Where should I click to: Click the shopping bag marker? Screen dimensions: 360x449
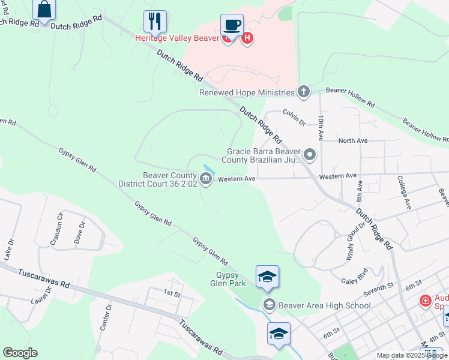point(44,10)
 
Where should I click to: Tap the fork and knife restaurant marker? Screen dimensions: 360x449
point(155,22)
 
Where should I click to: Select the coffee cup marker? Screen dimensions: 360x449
point(232,26)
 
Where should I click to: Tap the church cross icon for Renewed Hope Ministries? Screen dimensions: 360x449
point(304,92)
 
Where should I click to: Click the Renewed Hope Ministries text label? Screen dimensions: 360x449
point(247,92)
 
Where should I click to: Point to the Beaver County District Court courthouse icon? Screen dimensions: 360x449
point(206,179)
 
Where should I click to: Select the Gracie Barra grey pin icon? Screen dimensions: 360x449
point(310,155)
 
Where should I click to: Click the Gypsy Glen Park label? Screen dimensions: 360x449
point(232,279)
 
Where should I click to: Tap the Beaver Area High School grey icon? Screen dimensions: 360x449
point(269,305)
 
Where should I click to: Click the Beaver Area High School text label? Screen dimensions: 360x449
point(324,305)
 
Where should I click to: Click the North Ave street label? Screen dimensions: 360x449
point(352,140)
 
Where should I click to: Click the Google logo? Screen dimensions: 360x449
point(20,353)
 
